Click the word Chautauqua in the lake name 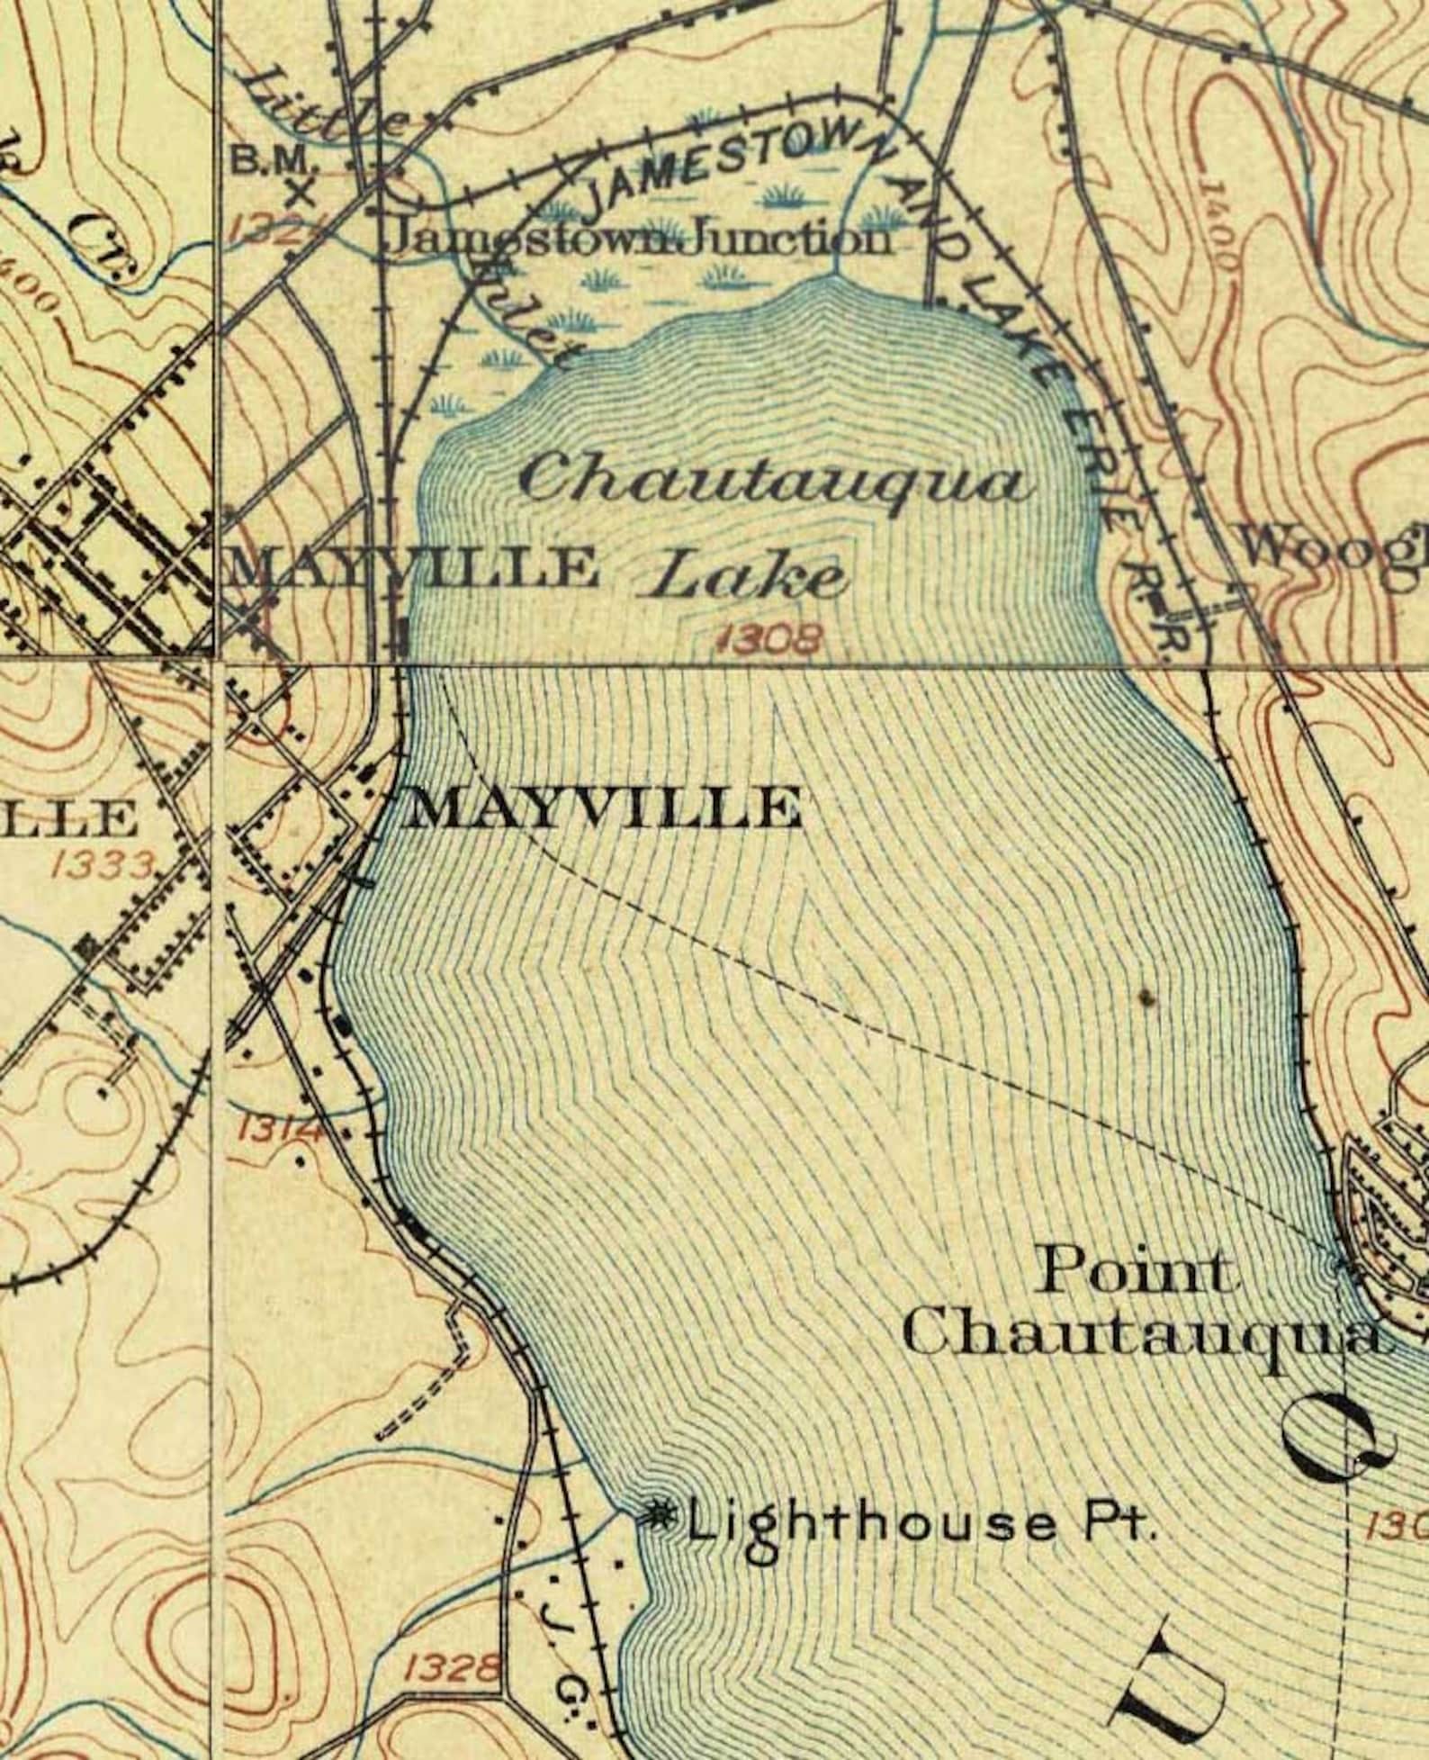(x=775, y=482)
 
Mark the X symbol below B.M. (x=302, y=193)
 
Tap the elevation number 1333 (x=104, y=866)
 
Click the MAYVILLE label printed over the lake (x=603, y=807)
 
